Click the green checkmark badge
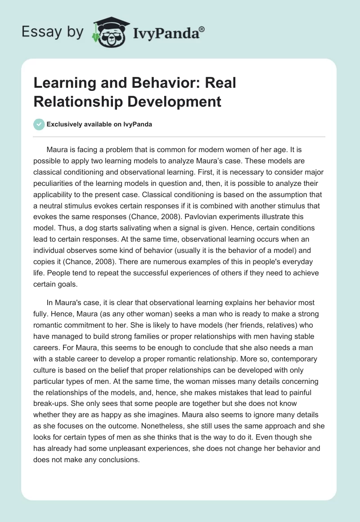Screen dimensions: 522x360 [39, 124]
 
